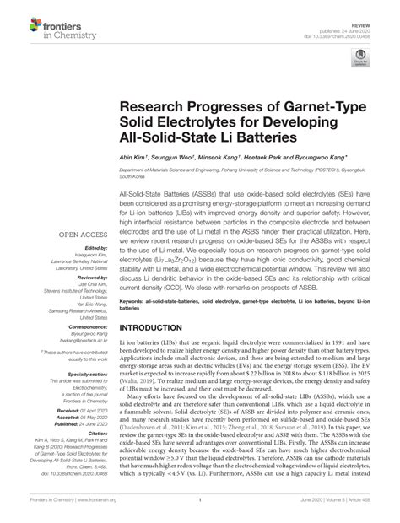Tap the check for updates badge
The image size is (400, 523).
coord(364,57)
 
